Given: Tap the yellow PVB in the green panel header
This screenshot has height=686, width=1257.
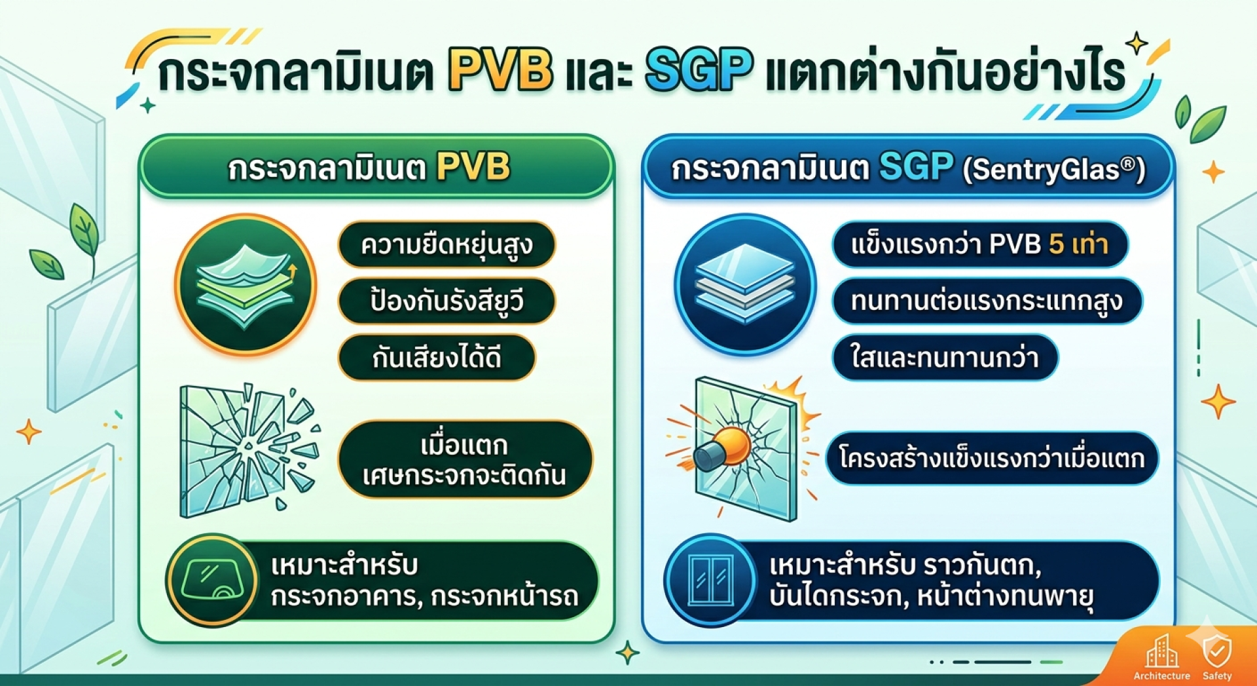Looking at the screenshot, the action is [x=473, y=166].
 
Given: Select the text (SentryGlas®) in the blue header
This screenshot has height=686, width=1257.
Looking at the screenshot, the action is [x=1054, y=170].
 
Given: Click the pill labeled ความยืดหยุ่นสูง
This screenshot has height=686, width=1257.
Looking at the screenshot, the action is [x=446, y=244].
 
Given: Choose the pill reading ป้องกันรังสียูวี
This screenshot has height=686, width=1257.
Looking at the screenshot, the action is [x=446, y=301].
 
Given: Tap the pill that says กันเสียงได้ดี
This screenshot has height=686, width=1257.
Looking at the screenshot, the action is [x=437, y=357].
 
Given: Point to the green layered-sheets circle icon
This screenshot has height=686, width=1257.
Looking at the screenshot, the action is [x=246, y=285].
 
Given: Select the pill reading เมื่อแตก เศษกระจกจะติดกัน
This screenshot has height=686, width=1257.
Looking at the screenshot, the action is [x=465, y=459].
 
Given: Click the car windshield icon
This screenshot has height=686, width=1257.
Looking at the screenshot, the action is [x=211, y=580].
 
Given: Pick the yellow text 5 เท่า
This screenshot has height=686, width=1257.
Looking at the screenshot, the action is [x=1078, y=244].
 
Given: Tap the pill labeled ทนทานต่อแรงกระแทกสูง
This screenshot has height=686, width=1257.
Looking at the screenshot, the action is [x=987, y=301].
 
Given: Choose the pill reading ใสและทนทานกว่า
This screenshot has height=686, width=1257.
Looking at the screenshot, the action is [x=945, y=357].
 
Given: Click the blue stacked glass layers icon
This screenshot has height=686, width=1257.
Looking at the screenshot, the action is [x=745, y=285].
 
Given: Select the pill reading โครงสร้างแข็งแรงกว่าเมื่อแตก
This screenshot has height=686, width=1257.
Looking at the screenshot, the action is [x=992, y=459].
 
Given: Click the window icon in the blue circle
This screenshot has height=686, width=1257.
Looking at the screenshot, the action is [x=711, y=581].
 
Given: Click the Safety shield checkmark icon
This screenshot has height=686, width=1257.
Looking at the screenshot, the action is [x=1217, y=651].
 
